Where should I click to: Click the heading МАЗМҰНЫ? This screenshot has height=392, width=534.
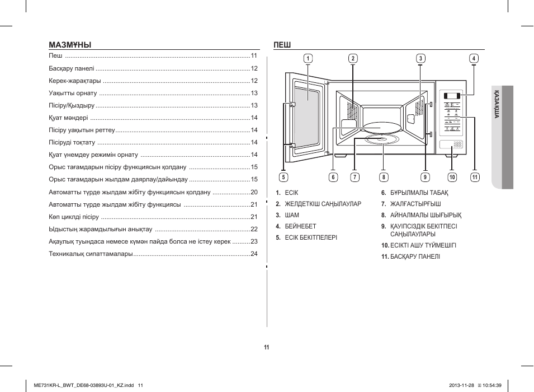tap(70, 45)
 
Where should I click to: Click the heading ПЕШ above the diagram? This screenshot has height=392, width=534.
tap(282, 45)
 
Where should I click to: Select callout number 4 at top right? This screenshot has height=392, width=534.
tap(474, 58)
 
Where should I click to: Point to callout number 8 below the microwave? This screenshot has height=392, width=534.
tap(384, 178)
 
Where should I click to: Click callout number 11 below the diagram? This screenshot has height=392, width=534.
tap(475, 178)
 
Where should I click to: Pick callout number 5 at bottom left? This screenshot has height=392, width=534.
tap(283, 178)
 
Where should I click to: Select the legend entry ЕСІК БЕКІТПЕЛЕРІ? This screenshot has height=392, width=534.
tap(311, 237)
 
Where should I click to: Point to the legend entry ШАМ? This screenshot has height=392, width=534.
tap(292, 215)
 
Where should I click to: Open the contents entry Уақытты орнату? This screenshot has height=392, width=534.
tap(73, 93)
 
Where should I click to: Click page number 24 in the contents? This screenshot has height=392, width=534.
tap(254, 254)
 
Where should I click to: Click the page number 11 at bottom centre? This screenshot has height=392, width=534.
tap(267, 347)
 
